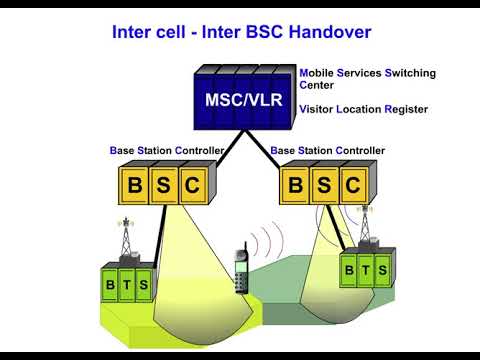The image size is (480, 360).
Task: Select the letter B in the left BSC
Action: coord(135,185)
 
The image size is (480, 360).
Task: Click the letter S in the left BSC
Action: coord(164,185)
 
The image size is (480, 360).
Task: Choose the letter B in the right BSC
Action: coord(295,185)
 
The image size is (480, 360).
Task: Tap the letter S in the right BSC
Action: coord(323,185)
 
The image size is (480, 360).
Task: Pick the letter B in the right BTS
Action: coord(349,269)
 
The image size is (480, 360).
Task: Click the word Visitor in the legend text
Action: coord(322,107)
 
